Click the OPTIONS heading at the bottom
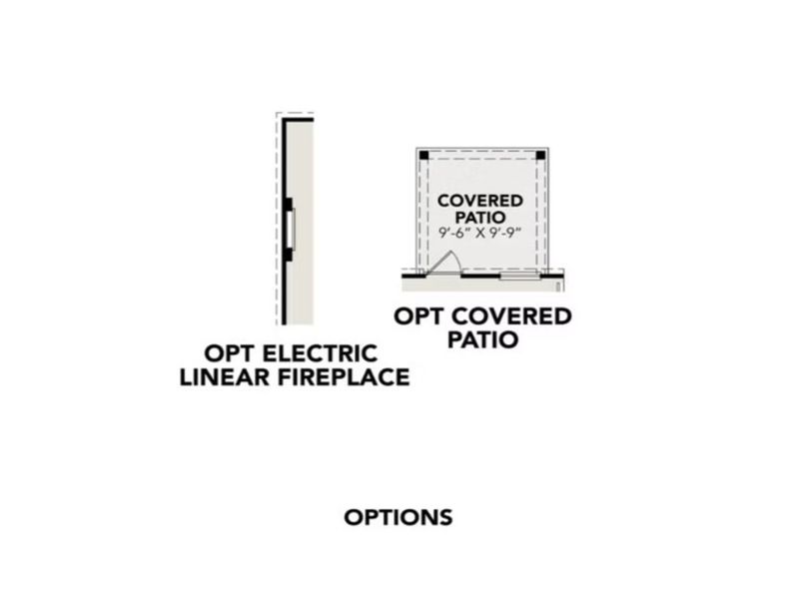coord(399,517)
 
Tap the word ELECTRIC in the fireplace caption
coord(320,353)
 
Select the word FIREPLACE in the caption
coord(344,377)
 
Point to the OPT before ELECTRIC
coord(230,353)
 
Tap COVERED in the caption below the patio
coord(511,316)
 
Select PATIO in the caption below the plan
coord(482,339)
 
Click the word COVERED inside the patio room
coord(480,201)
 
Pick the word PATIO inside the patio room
coord(480,217)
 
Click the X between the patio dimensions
coord(480,234)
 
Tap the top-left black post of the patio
coord(423,156)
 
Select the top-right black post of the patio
coord(540,156)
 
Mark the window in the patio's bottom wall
coord(519,277)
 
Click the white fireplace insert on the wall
coord(292,230)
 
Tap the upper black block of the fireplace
coord(289,205)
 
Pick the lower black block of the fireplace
coord(289,255)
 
